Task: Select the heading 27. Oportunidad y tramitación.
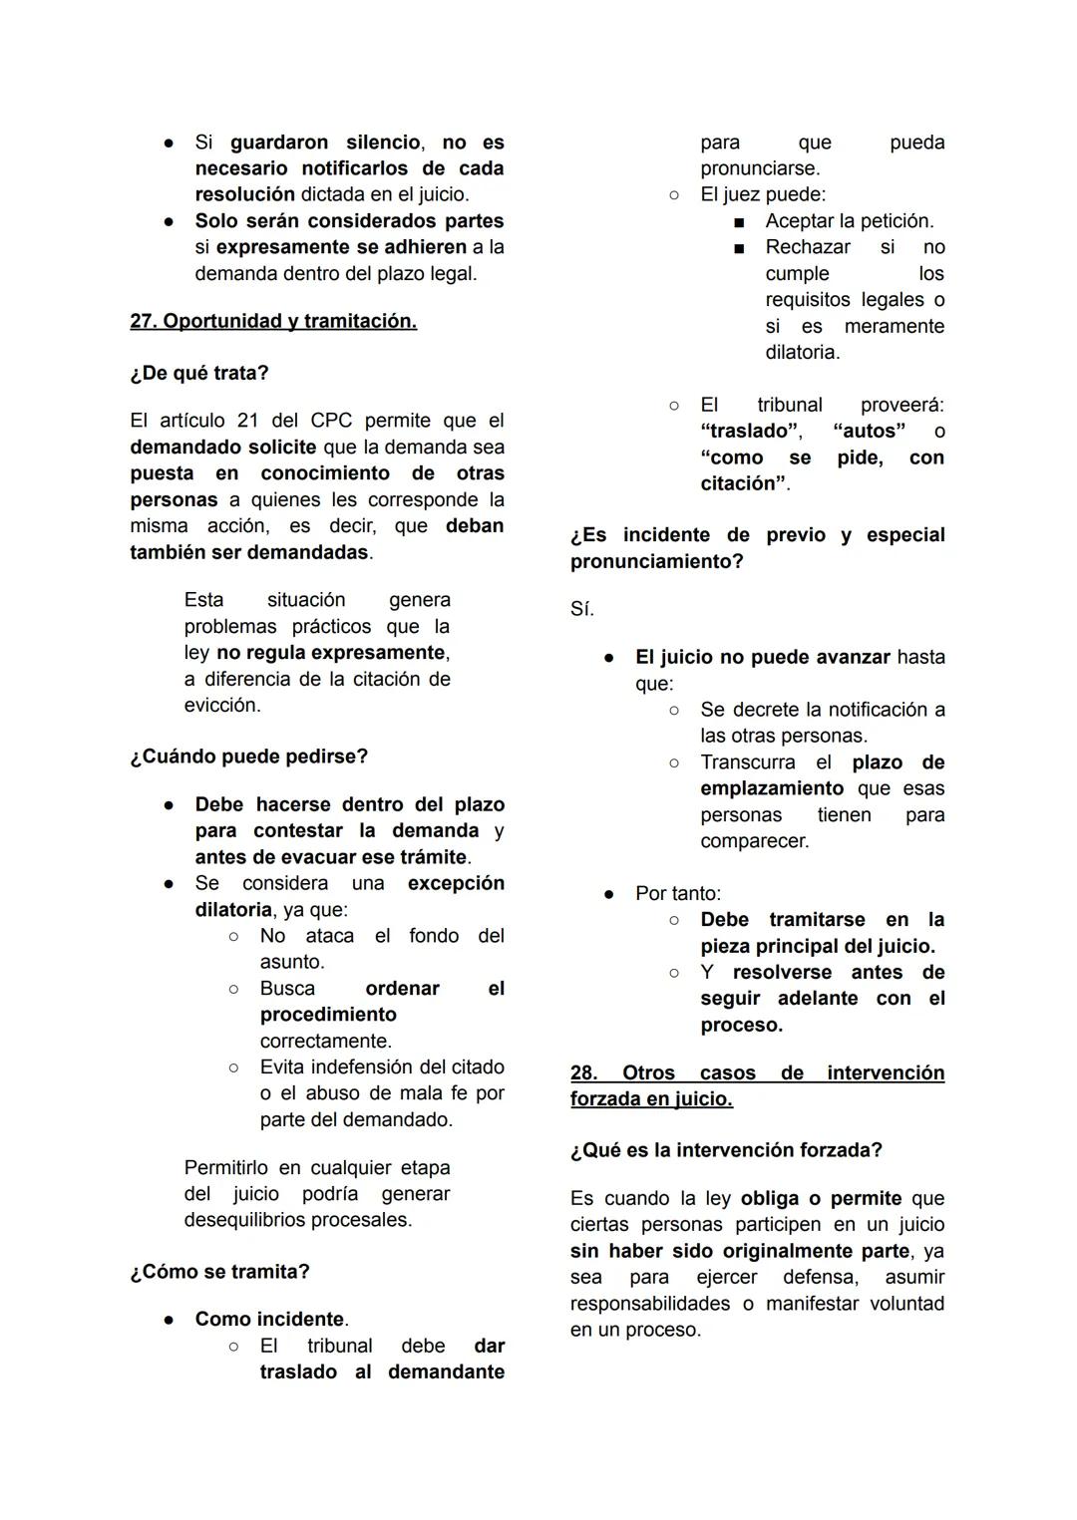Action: click(273, 321)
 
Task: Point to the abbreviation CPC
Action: click(331, 421)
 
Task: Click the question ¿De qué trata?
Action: click(199, 373)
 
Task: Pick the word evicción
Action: click(221, 705)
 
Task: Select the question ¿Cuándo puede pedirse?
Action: click(248, 757)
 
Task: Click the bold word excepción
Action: click(456, 883)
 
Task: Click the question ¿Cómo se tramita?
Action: click(219, 1272)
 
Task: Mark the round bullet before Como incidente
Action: click(170, 1320)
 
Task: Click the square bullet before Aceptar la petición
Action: click(740, 221)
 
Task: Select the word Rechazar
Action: click(808, 246)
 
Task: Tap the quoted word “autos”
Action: click(870, 431)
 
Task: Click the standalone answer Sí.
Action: click(582, 609)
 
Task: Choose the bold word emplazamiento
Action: click(772, 788)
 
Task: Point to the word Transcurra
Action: click(748, 761)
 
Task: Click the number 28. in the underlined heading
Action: click(583, 1072)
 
